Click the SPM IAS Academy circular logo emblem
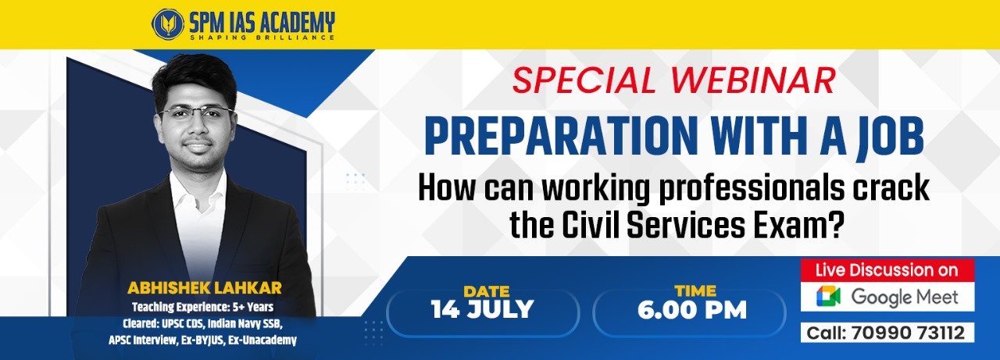point(167,23)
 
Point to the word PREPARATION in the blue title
point(560,136)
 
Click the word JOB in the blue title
point(889,137)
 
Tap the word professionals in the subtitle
point(752,191)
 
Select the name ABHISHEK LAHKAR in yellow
point(205,287)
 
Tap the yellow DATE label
point(487,291)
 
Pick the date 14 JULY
point(483,309)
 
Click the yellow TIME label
point(695,290)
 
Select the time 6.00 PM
point(692,310)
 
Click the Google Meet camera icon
point(829,297)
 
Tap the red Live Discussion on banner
point(887,270)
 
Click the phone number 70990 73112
point(908,333)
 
